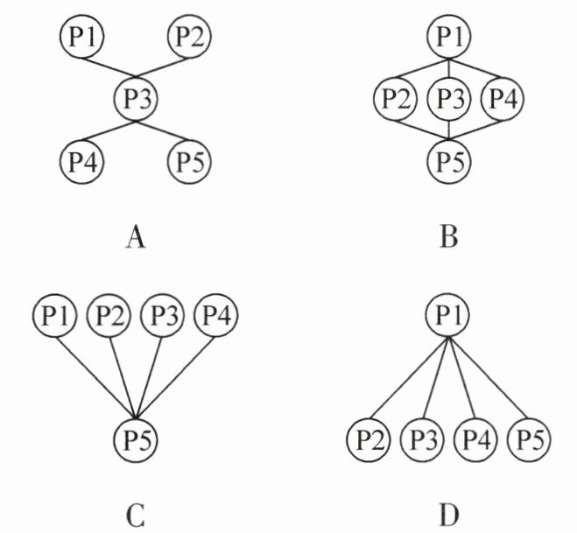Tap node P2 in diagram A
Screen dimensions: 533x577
click(190, 38)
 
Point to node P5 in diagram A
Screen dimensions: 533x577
click(190, 162)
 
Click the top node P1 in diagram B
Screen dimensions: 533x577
click(449, 39)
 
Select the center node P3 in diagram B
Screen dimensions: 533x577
click(449, 99)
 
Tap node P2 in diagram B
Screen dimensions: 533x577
click(395, 99)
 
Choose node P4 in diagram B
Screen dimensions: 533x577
click(502, 99)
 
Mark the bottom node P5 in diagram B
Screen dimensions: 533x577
click(449, 160)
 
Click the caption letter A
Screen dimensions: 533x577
click(135, 236)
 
